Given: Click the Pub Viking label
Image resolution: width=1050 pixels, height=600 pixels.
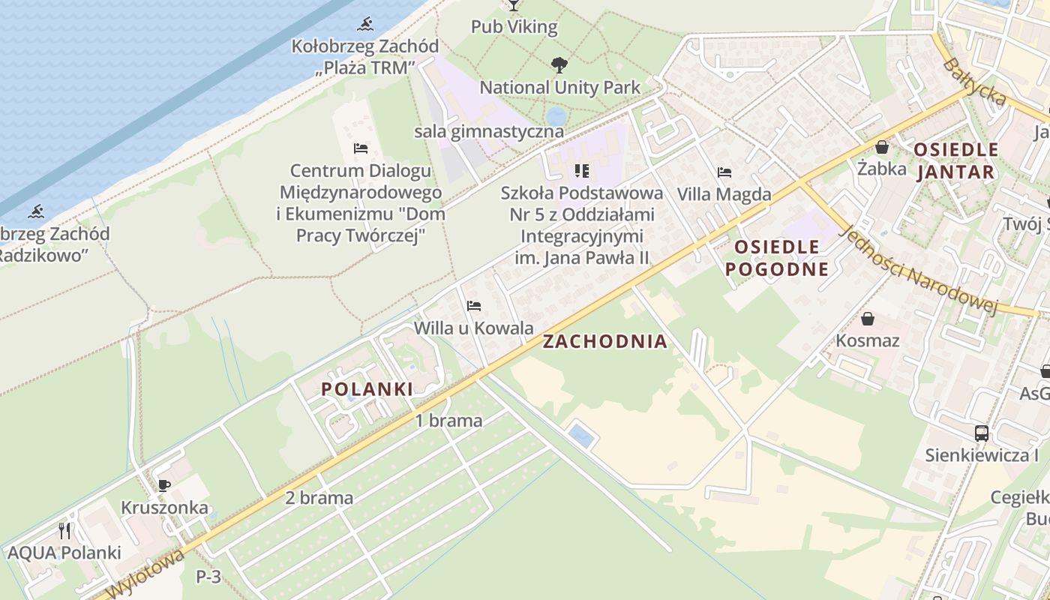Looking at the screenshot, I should (514, 27).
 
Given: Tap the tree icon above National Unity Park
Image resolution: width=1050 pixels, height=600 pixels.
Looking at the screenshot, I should (559, 65).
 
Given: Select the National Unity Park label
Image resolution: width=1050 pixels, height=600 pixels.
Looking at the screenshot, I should (559, 87).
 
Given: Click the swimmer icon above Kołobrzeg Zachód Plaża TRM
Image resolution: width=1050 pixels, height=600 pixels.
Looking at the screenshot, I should (365, 24).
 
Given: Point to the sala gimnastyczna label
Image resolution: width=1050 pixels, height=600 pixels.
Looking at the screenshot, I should (488, 131).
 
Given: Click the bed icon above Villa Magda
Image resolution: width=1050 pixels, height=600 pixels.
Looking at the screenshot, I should (724, 172).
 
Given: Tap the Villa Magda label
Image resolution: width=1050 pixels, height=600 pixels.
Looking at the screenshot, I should (724, 194).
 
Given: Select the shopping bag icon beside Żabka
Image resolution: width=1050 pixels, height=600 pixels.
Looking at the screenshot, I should (882, 147).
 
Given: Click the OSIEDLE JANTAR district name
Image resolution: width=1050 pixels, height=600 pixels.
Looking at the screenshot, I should (955, 160).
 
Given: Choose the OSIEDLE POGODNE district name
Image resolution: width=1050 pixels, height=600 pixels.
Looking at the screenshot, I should (777, 258).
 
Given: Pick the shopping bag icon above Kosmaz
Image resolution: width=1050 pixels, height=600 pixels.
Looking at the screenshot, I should (868, 319).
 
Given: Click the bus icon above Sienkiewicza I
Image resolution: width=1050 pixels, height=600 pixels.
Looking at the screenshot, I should (981, 433).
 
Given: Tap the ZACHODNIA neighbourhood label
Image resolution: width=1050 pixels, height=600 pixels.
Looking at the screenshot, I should (604, 342).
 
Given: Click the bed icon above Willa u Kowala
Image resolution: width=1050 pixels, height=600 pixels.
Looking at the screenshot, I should (473, 306).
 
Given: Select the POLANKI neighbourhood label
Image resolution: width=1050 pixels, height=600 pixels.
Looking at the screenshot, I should (367, 389).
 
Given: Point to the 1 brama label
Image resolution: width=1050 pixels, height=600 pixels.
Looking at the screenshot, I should (448, 421).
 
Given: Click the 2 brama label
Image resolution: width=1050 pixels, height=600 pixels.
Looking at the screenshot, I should (319, 497).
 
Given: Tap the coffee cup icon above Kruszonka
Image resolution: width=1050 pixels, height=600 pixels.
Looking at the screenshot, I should (164, 485).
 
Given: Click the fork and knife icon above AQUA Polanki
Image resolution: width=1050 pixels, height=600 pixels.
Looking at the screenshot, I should (64, 531).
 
